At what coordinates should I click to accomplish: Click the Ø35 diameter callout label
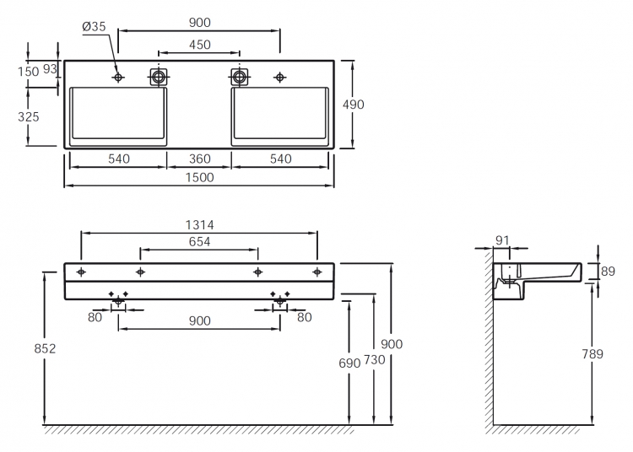pos(94,27)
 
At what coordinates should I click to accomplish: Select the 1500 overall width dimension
pos(199,177)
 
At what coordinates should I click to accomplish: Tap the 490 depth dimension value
pos(354,105)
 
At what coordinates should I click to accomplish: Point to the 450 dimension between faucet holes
pos(200,45)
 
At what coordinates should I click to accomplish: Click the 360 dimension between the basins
pos(200,159)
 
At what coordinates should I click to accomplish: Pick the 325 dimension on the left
pos(29,117)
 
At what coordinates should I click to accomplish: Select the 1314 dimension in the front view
pos(199,225)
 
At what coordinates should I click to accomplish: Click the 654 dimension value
pos(200,242)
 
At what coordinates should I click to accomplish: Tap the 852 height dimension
pos(45,348)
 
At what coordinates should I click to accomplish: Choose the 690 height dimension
pos(349,363)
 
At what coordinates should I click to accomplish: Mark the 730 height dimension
pos(375,359)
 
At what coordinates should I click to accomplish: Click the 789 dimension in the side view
pos(592,354)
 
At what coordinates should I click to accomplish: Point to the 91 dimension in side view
pos(502,240)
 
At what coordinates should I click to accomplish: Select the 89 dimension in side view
pos(608,272)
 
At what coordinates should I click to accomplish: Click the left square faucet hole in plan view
pos(159,77)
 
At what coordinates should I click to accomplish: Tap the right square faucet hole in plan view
pos(240,77)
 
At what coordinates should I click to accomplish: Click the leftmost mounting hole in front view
pos(81,272)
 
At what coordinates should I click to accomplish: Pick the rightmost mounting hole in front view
pos(317,272)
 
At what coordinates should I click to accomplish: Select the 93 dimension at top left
pos(50,69)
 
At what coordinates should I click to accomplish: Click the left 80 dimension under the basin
pos(95,317)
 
